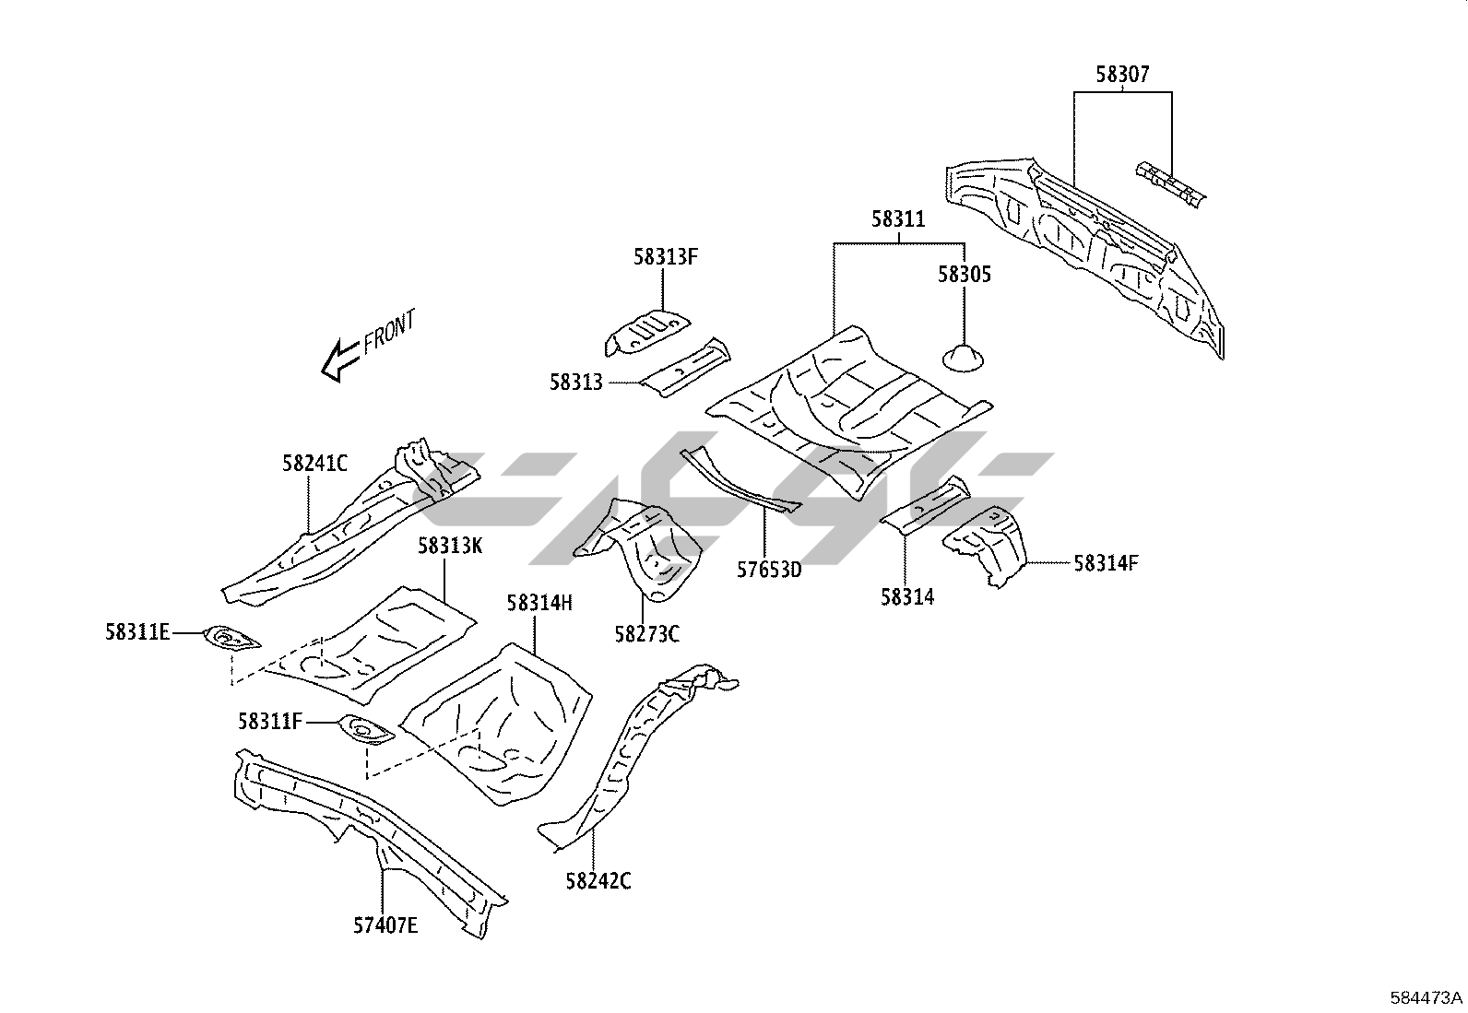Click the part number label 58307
click(1122, 75)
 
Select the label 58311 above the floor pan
click(897, 219)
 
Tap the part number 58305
click(965, 275)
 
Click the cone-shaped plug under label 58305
click(964, 356)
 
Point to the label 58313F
click(665, 257)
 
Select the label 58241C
click(314, 463)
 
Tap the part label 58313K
click(450, 545)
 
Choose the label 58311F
click(270, 722)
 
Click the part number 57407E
click(385, 924)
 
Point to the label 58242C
click(598, 881)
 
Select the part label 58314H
click(539, 603)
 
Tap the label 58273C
click(646, 633)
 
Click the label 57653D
click(769, 569)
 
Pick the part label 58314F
click(1106, 562)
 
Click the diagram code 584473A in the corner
click(1427, 997)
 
